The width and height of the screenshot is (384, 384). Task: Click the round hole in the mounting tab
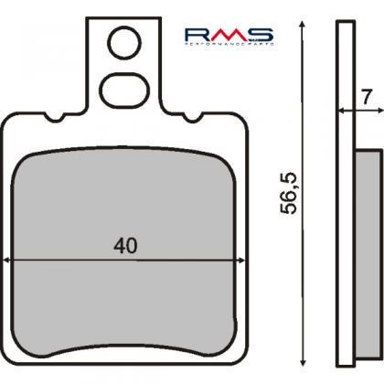[x=124, y=42]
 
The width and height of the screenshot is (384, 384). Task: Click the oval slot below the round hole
[x=126, y=90]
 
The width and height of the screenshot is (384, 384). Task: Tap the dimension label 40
[x=125, y=246]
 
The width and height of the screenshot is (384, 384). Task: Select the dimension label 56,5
[x=288, y=193]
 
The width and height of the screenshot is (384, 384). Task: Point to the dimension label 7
[x=366, y=98]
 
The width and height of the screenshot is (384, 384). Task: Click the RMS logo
[x=229, y=37]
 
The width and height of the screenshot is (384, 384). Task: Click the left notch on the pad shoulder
[x=55, y=116]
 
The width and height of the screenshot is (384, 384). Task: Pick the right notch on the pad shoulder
[x=193, y=116]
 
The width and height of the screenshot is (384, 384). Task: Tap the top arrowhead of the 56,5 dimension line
[x=302, y=25]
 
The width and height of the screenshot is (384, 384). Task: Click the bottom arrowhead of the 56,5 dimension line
[x=303, y=361]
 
